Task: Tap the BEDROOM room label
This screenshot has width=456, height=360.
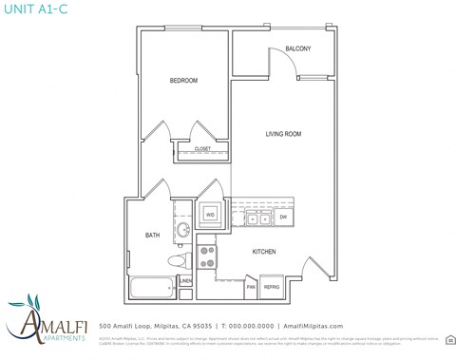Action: click(183, 81)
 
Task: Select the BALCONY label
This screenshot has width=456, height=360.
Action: click(298, 49)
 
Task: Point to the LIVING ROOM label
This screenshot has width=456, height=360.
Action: click(282, 135)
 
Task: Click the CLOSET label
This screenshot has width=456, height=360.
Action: click(202, 149)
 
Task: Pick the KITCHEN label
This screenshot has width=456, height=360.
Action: click(264, 252)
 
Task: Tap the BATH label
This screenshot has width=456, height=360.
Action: click(153, 236)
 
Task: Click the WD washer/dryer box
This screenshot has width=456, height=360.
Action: click(210, 215)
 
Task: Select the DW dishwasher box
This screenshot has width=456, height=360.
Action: click(283, 218)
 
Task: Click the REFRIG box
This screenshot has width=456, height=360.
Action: click(271, 286)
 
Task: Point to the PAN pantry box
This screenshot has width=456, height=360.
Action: click(251, 286)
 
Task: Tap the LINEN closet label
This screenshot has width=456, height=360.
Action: click(185, 281)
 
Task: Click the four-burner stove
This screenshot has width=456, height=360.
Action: click(208, 256)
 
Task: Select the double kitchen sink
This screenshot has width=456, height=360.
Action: click(257, 218)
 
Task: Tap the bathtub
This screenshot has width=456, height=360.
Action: click(151, 287)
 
